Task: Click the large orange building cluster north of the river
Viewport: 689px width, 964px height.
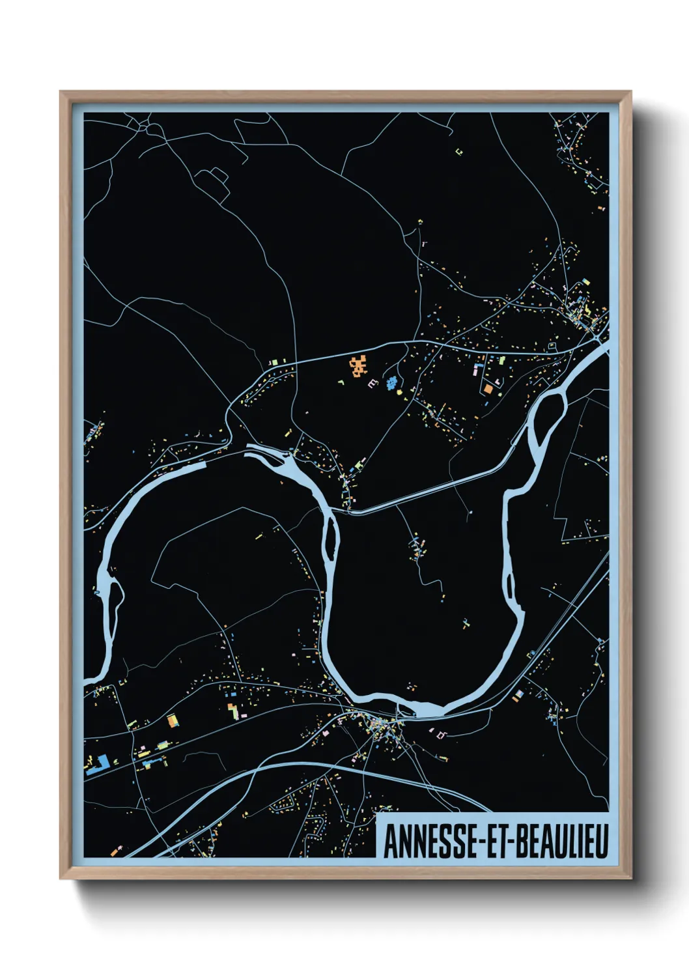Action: click(358, 367)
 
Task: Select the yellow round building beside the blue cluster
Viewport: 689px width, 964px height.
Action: click(400, 393)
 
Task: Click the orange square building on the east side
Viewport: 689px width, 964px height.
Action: click(488, 389)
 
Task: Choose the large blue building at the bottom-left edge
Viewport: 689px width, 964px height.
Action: click(98, 763)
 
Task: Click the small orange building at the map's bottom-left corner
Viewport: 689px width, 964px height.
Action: click(115, 851)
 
